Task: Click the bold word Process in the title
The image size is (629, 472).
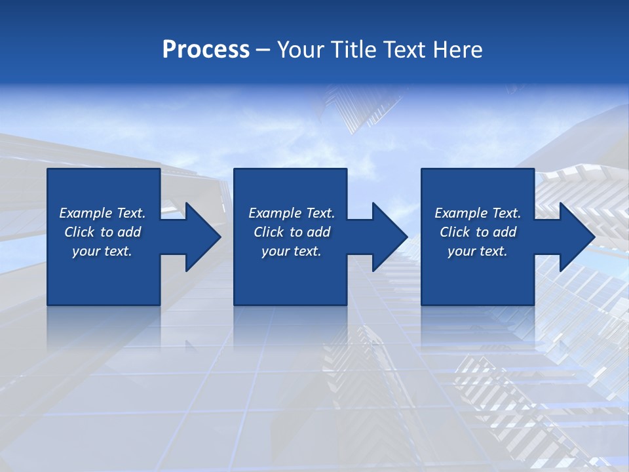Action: point(206,50)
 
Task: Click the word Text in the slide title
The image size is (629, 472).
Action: point(404,50)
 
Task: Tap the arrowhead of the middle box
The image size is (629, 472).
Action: point(389,237)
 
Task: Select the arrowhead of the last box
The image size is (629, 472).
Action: point(576,237)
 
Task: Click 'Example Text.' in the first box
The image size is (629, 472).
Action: point(102,213)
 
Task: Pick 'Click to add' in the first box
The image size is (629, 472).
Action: point(102,232)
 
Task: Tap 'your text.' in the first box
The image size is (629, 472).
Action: point(102,251)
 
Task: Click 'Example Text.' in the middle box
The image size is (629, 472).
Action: point(292,213)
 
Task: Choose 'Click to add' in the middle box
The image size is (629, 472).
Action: point(292,232)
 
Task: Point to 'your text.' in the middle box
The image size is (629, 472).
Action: point(292,251)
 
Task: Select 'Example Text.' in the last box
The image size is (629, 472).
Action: point(478,213)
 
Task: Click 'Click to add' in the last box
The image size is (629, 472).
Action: point(478,232)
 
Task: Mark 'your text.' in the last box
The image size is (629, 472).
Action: point(478,251)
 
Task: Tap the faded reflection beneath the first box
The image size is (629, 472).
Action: point(104,328)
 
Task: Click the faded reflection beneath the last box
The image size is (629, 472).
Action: point(478,328)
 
